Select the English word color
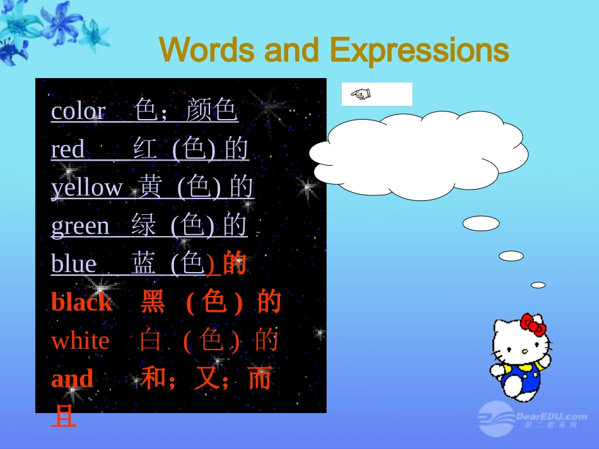[78, 111]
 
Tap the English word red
[67, 150]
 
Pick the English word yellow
[87, 188]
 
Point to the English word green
[80, 225]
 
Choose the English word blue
[74, 264]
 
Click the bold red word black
[81, 302]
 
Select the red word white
[80, 341]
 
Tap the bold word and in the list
[72, 379]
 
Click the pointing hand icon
[361, 94]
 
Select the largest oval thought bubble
[480, 224]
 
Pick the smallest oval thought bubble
[538, 285]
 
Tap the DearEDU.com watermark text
[551, 416]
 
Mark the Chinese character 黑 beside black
[153, 302]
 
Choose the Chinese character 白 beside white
[151, 341]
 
